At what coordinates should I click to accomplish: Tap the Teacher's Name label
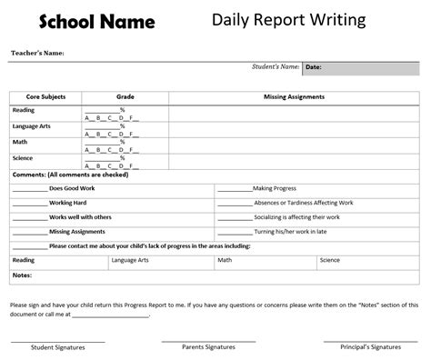[x=37, y=54]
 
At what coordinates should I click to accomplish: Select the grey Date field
[x=360, y=67]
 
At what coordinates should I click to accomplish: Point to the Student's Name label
[x=275, y=66]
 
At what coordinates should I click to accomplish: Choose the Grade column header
[x=125, y=95]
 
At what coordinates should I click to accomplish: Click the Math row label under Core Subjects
[x=21, y=142]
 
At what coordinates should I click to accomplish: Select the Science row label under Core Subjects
[x=25, y=158]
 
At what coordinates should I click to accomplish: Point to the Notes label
[x=23, y=275]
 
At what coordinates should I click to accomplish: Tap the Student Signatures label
[x=57, y=348]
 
